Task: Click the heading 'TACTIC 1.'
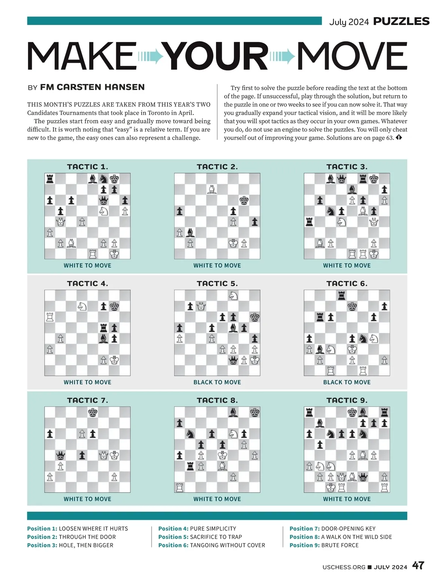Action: pos(87,167)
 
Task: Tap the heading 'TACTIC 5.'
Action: pos(217,284)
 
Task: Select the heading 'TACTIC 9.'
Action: pos(347,400)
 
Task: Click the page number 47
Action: pos(418,566)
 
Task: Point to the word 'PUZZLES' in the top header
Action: pos(401,21)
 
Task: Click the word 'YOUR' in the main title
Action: pos(217,56)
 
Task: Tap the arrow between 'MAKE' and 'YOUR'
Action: pos(151,56)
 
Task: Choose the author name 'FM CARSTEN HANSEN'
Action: pos(92,87)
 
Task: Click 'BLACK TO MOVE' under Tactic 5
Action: pos(217,382)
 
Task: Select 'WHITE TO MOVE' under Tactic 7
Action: pos(87,499)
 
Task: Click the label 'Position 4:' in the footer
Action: pos(173,529)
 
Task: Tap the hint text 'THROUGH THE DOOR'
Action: pos(87,537)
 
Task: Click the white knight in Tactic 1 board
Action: pos(103,211)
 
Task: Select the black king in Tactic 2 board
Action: pos(244,200)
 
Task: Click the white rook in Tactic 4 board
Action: pos(50,317)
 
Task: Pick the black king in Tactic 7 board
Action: pos(93,413)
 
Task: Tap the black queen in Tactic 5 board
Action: pos(233,361)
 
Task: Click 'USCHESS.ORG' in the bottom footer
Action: pos(344,567)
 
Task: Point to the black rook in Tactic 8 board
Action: pos(190,466)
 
